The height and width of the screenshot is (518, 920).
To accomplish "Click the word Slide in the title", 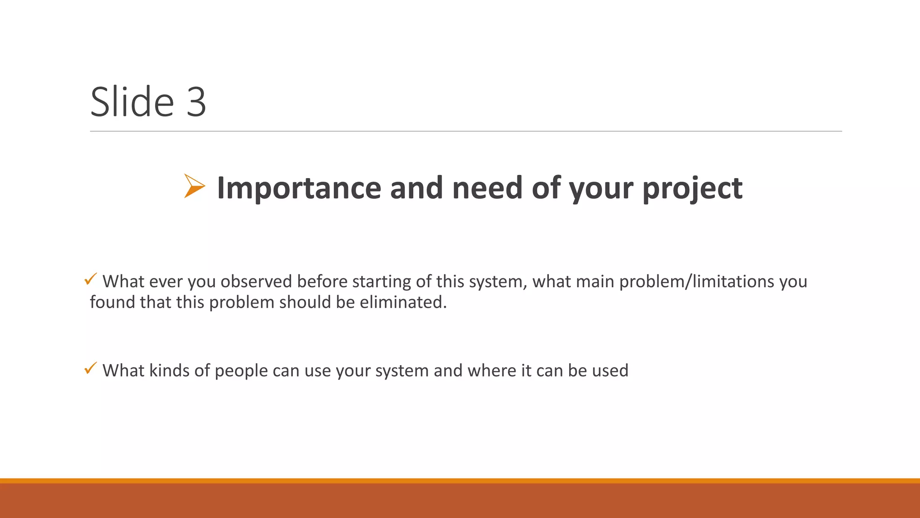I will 132,102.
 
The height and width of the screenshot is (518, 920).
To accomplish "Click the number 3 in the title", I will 196,103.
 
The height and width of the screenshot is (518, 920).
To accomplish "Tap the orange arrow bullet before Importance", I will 194,186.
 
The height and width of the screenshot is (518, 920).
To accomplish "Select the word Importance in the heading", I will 299,188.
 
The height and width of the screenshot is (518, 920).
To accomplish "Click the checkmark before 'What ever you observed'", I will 90,279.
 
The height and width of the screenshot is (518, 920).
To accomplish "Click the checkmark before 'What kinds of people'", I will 90,368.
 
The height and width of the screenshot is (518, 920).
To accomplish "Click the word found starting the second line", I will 112,302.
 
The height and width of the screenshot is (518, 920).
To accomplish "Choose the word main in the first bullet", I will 595,281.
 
